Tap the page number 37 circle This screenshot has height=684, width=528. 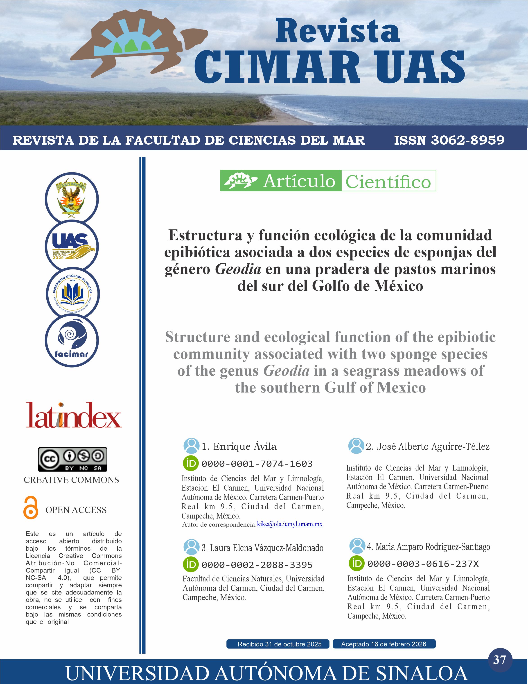[500, 660]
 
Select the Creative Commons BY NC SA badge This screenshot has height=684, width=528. [72, 459]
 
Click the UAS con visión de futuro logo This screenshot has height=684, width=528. [72, 246]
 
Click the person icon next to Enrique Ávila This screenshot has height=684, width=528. [191, 446]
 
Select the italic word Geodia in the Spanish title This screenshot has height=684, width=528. [238, 269]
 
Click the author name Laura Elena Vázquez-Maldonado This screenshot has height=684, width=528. [262, 548]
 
